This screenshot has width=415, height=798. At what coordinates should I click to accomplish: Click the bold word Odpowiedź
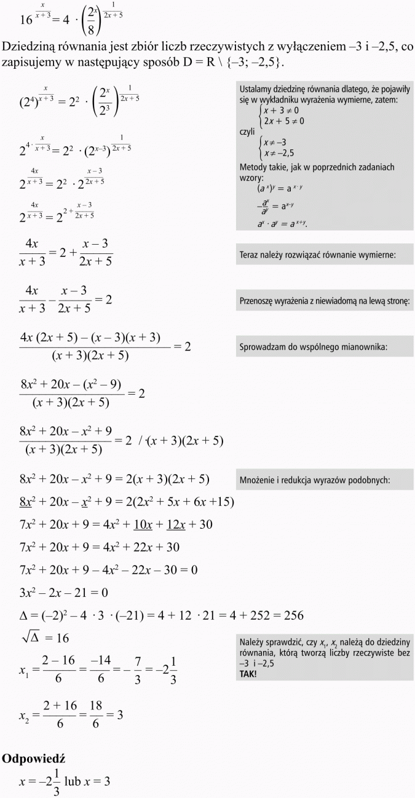tap(34, 759)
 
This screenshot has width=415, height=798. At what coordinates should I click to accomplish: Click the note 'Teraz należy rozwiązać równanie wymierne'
tap(317, 254)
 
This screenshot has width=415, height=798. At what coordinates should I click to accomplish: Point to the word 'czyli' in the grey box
tap(247, 132)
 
